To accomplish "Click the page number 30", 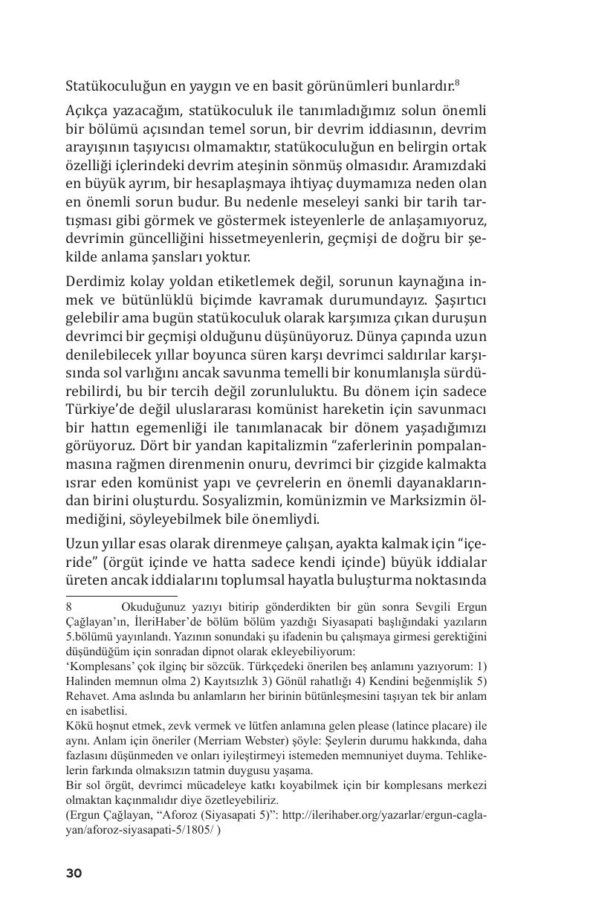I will [x=74, y=873].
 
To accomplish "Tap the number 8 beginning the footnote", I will [x=69, y=606].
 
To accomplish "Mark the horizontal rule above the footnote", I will [x=122, y=596].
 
